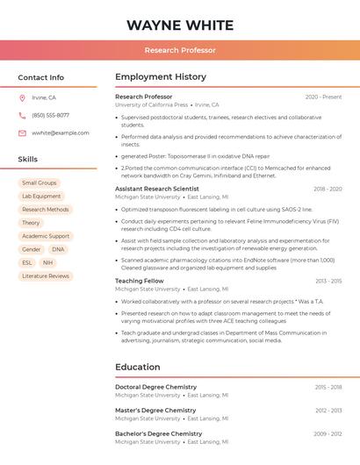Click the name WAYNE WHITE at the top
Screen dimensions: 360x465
[179, 25]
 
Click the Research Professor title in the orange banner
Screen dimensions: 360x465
[180, 51]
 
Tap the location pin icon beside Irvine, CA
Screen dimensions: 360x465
[22, 98]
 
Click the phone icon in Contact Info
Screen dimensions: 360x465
[22, 116]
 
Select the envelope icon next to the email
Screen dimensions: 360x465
[22, 133]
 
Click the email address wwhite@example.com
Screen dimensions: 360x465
[61, 133]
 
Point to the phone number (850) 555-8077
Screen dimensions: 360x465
[50, 116]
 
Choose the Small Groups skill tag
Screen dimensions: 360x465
[40, 183]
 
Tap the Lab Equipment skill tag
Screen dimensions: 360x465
[41, 197]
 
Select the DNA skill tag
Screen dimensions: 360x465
[58, 250]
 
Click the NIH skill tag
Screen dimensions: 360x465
[47, 263]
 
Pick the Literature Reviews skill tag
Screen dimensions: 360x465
[46, 276]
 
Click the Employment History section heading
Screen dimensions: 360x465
[161, 77]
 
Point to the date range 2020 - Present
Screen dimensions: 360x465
[323, 97]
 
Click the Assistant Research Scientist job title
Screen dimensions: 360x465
[157, 189]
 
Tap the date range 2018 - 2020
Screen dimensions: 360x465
[328, 189]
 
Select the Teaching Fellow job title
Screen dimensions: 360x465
[140, 281]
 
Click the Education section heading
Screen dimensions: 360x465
[138, 367]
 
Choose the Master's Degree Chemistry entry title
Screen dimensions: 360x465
[155, 411]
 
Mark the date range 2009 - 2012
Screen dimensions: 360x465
[328, 433]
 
